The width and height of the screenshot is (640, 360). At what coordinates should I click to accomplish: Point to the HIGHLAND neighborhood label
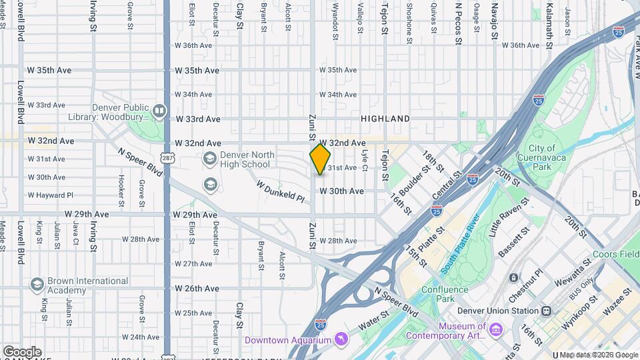click(x=385, y=119)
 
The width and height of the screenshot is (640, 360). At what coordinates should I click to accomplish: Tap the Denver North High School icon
click(x=209, y=159)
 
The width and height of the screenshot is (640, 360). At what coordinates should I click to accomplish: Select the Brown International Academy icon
click(x=37, y=285)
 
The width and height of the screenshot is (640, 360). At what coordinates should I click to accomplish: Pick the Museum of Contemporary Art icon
click(x=495, y=330)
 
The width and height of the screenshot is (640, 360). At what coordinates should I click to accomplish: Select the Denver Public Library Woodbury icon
click(x=159, y=111)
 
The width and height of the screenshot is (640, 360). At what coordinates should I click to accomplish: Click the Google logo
click(x=22, y=351)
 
